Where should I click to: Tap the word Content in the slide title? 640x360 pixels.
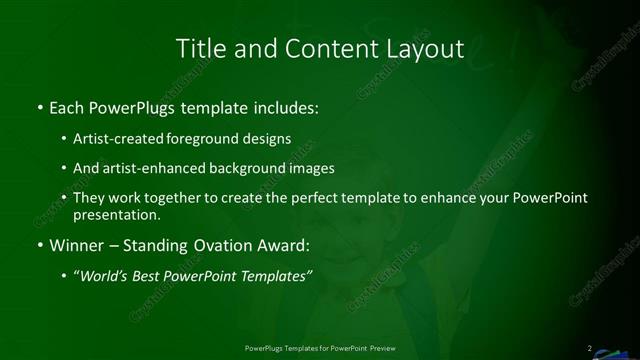pyautogui.click(x=318, y=48)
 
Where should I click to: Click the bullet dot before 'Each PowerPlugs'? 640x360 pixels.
pyautogui.click(x=38, y=106)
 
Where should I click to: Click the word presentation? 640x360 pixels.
pyautogui.click(x=117, y=214)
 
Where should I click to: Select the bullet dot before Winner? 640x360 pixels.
pyautogui.click(x=38, y=245)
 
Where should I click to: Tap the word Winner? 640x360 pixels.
pyautogui.click(x=76, y=245)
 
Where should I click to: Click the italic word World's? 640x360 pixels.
pyautogui.click(x=104, y=276)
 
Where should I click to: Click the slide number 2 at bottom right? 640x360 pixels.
pyautogui.click(x=590, y=347)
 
